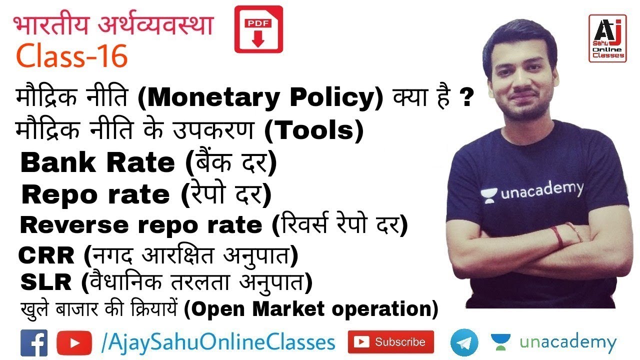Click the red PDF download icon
[258, 29]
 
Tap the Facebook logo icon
[34, 343]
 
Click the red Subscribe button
[391, 342]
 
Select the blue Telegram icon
[464, 342]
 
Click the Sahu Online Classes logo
[607, 38]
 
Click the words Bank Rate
[97, 163]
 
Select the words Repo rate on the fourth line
[95, 195]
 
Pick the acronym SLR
[46, 283]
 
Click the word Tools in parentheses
[313, 131]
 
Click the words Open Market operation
[310, 309]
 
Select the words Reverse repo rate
[141, 225]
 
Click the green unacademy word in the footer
[568, 343]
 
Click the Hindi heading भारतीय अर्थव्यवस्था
[113, 25]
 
